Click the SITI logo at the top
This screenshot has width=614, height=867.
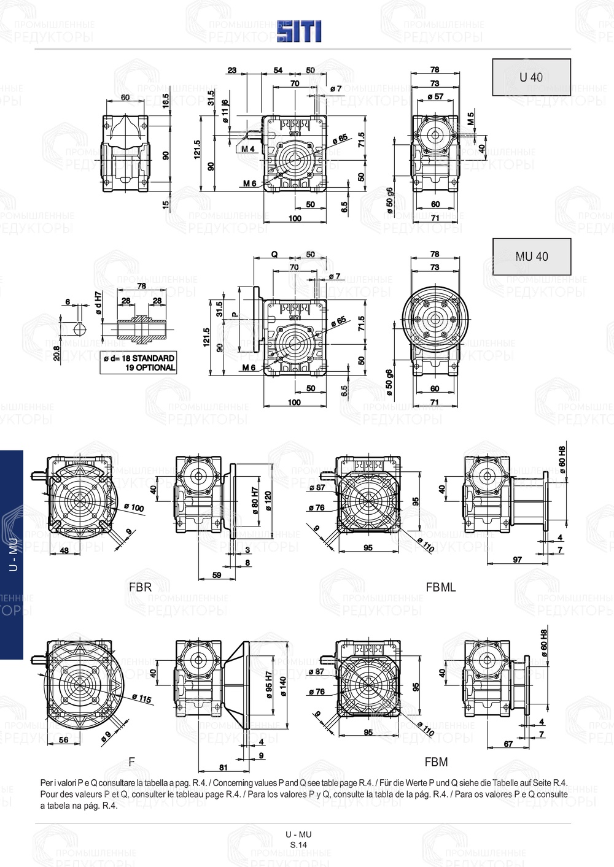coord(298,31)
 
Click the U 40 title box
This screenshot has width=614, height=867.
coord(531,77)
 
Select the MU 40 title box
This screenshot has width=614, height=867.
coord(531,256)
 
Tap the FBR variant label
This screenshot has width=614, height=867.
coord(140,587)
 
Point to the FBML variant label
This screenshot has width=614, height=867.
coord(441,587)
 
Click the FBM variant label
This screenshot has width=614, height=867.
coord(436,762)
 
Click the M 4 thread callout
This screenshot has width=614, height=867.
coord(248,149)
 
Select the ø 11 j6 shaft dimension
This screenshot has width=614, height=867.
coord(225,111)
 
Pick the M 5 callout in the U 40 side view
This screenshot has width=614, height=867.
coord(470,118)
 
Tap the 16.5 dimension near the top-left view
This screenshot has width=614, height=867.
coord(166,101)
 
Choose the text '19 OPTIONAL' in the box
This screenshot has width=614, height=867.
coord(150,368)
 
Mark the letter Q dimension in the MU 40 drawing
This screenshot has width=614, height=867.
coord(274,254)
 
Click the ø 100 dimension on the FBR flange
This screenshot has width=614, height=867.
coord(133,507)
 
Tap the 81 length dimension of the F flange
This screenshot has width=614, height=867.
coord(223,767)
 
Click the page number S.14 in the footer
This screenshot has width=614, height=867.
coord(298,845)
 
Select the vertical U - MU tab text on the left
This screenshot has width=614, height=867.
coord(12,555)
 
